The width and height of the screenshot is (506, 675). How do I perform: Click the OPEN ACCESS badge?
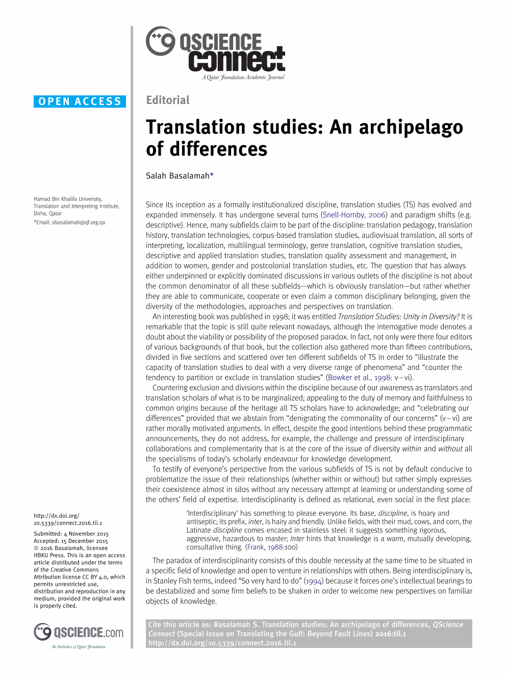(x=80, y=102)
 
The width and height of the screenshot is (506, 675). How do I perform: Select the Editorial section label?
(x=168, y=100)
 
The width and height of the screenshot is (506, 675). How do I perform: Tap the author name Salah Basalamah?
(x=178, y=176)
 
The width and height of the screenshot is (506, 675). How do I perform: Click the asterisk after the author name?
(x=212, y=175)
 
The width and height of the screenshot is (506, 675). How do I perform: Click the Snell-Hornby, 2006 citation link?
(x=354, y=215)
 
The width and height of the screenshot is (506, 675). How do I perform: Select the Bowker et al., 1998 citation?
(x=359, y=378)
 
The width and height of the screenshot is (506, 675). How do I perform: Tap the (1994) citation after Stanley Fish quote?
(x=314, y=581)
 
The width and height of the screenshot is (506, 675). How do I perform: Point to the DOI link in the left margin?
(x=67, y=519)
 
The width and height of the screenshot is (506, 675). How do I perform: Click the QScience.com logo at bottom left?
(x=79, y=633)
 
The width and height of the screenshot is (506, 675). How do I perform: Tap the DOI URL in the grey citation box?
(x=222, y=643)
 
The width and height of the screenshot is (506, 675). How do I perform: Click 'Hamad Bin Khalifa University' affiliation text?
(x=68, y=199)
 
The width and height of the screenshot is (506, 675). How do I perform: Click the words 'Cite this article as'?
(x=179, y=624)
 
